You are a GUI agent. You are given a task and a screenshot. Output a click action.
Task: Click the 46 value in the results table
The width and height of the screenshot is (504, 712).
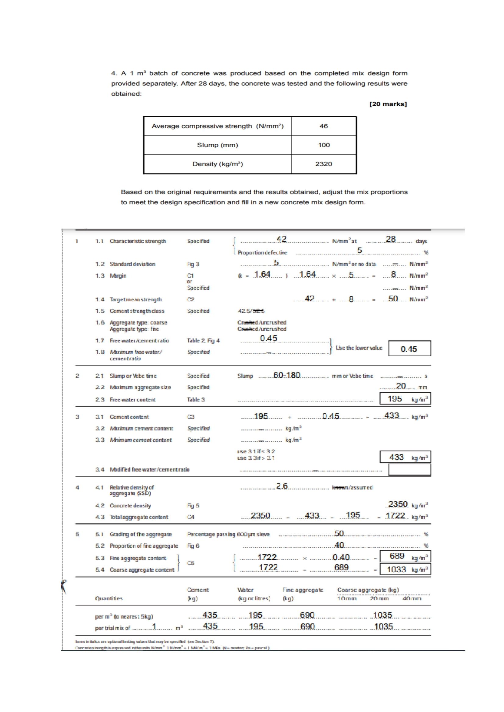click(323, 126)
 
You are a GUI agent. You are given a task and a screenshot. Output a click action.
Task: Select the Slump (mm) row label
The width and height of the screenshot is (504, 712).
click(217, 145)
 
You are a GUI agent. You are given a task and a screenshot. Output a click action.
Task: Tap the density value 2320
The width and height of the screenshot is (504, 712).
click(323, 164)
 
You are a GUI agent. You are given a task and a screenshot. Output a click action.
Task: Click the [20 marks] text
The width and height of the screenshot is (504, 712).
click(388, 104)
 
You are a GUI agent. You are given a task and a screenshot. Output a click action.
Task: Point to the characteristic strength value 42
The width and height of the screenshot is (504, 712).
click(281, 239)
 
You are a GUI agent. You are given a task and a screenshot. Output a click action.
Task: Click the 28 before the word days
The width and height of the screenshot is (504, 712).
click(390, 239)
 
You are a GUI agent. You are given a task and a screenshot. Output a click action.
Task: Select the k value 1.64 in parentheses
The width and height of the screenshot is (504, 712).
click(262, 275)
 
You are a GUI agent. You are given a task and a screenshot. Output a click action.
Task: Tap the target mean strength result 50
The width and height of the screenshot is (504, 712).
click(393, 299)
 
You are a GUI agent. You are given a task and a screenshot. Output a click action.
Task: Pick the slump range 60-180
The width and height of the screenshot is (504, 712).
click(286, 375)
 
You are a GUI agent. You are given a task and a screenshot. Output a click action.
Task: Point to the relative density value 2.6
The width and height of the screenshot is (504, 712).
click(282, 486)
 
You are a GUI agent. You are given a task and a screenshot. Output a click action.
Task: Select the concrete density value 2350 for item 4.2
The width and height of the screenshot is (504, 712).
click(398, 504)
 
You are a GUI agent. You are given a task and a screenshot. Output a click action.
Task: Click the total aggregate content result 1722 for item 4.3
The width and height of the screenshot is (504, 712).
click(395, 516)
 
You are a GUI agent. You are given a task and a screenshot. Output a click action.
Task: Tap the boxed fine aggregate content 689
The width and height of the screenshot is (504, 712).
click(397, 556)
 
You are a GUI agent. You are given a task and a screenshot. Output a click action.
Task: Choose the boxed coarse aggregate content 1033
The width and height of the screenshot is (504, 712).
click(396, 569)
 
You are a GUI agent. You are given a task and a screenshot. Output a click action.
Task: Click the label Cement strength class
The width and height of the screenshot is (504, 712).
click(137, 311)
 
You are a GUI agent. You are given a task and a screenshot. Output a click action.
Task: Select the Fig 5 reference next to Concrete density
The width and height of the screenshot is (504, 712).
click(193, 506)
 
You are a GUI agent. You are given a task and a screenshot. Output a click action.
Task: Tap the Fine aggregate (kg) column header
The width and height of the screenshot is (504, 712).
click(303, 594)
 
